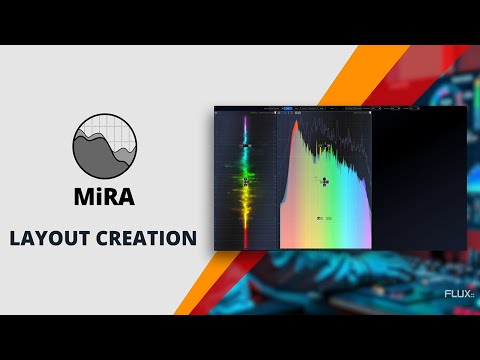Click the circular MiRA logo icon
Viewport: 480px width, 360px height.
(104, 145)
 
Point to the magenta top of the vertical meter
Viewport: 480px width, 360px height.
(245, 122)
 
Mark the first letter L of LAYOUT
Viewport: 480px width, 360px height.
(15, 239)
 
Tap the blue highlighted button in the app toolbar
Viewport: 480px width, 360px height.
(288, 107)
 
